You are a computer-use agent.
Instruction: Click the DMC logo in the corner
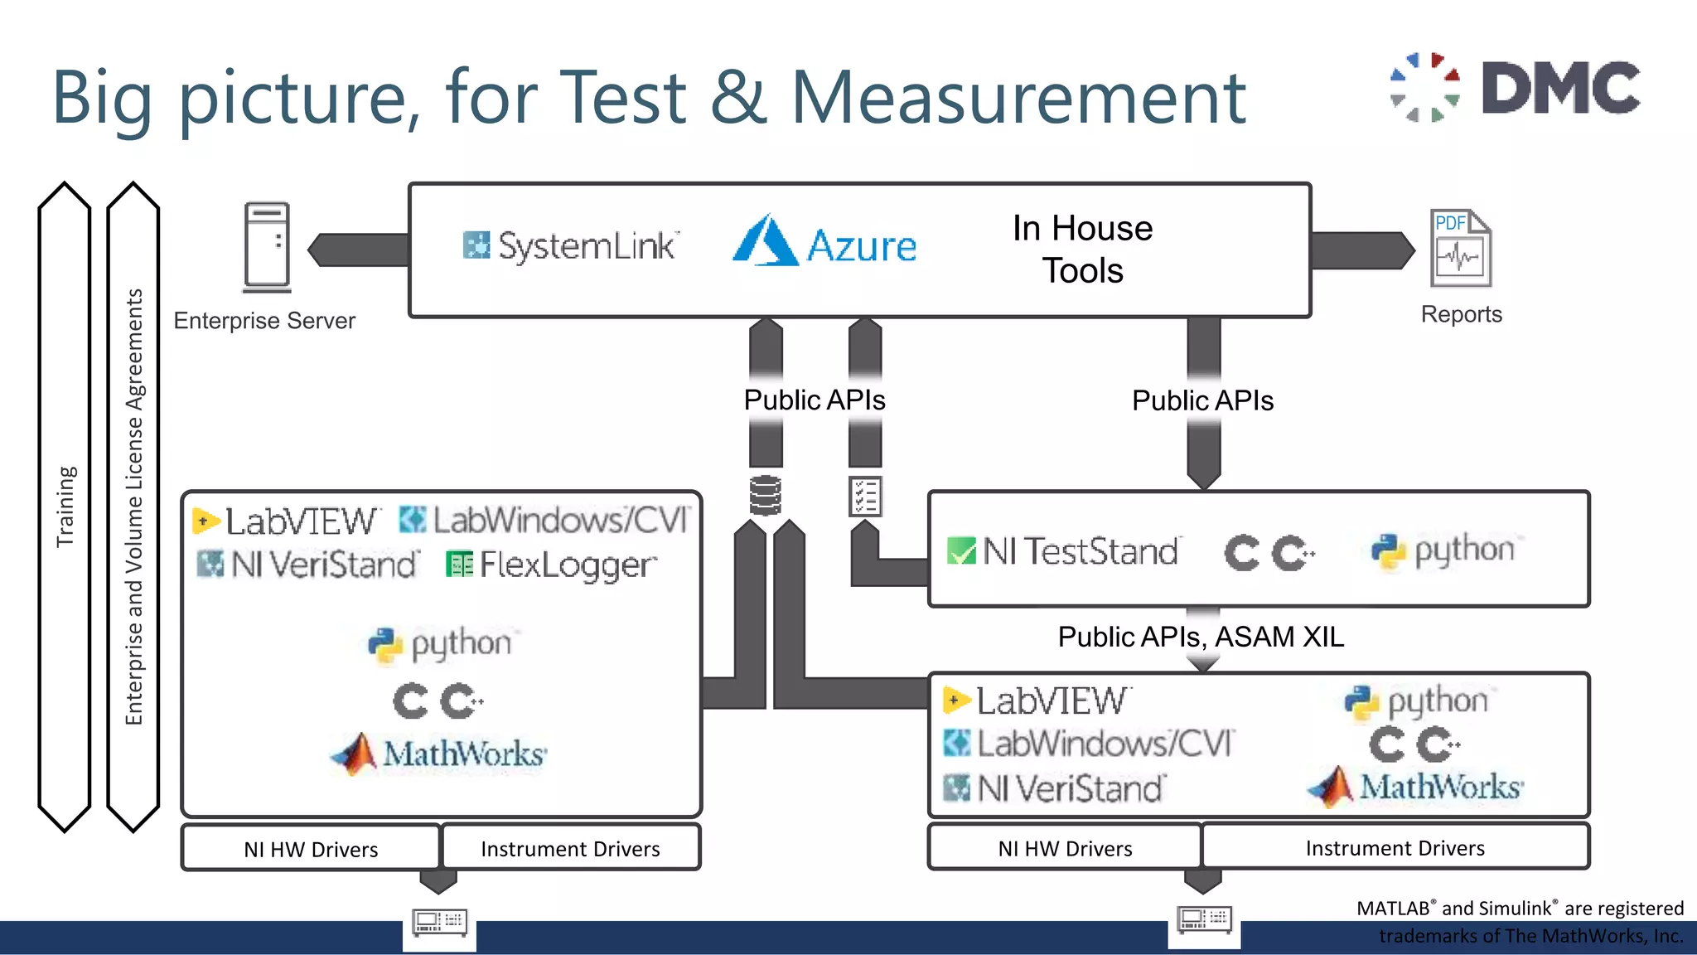(1515, 87)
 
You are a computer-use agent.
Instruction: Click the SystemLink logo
(570, 246)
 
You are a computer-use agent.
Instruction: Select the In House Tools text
(1082, 249)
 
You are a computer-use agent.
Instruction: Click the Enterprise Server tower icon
(267, 247)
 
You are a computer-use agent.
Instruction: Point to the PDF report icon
(1460, 248)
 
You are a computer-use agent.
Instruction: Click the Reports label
(1461, 314)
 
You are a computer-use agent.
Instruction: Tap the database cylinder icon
(765, 495)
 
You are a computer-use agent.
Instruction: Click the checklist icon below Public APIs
(865, 496)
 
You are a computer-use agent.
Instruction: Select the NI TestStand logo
(1063, 551)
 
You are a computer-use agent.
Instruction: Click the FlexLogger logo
(551, 565)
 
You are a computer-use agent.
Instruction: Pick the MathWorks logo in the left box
(438, 754)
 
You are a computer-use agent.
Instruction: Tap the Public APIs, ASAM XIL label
(1201, 637)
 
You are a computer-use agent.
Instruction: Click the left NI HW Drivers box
(311, 849)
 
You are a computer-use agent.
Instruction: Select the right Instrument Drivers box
(1395, 848)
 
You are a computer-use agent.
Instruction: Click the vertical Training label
(65, 506)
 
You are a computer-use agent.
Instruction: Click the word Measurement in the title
(1018, 98)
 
